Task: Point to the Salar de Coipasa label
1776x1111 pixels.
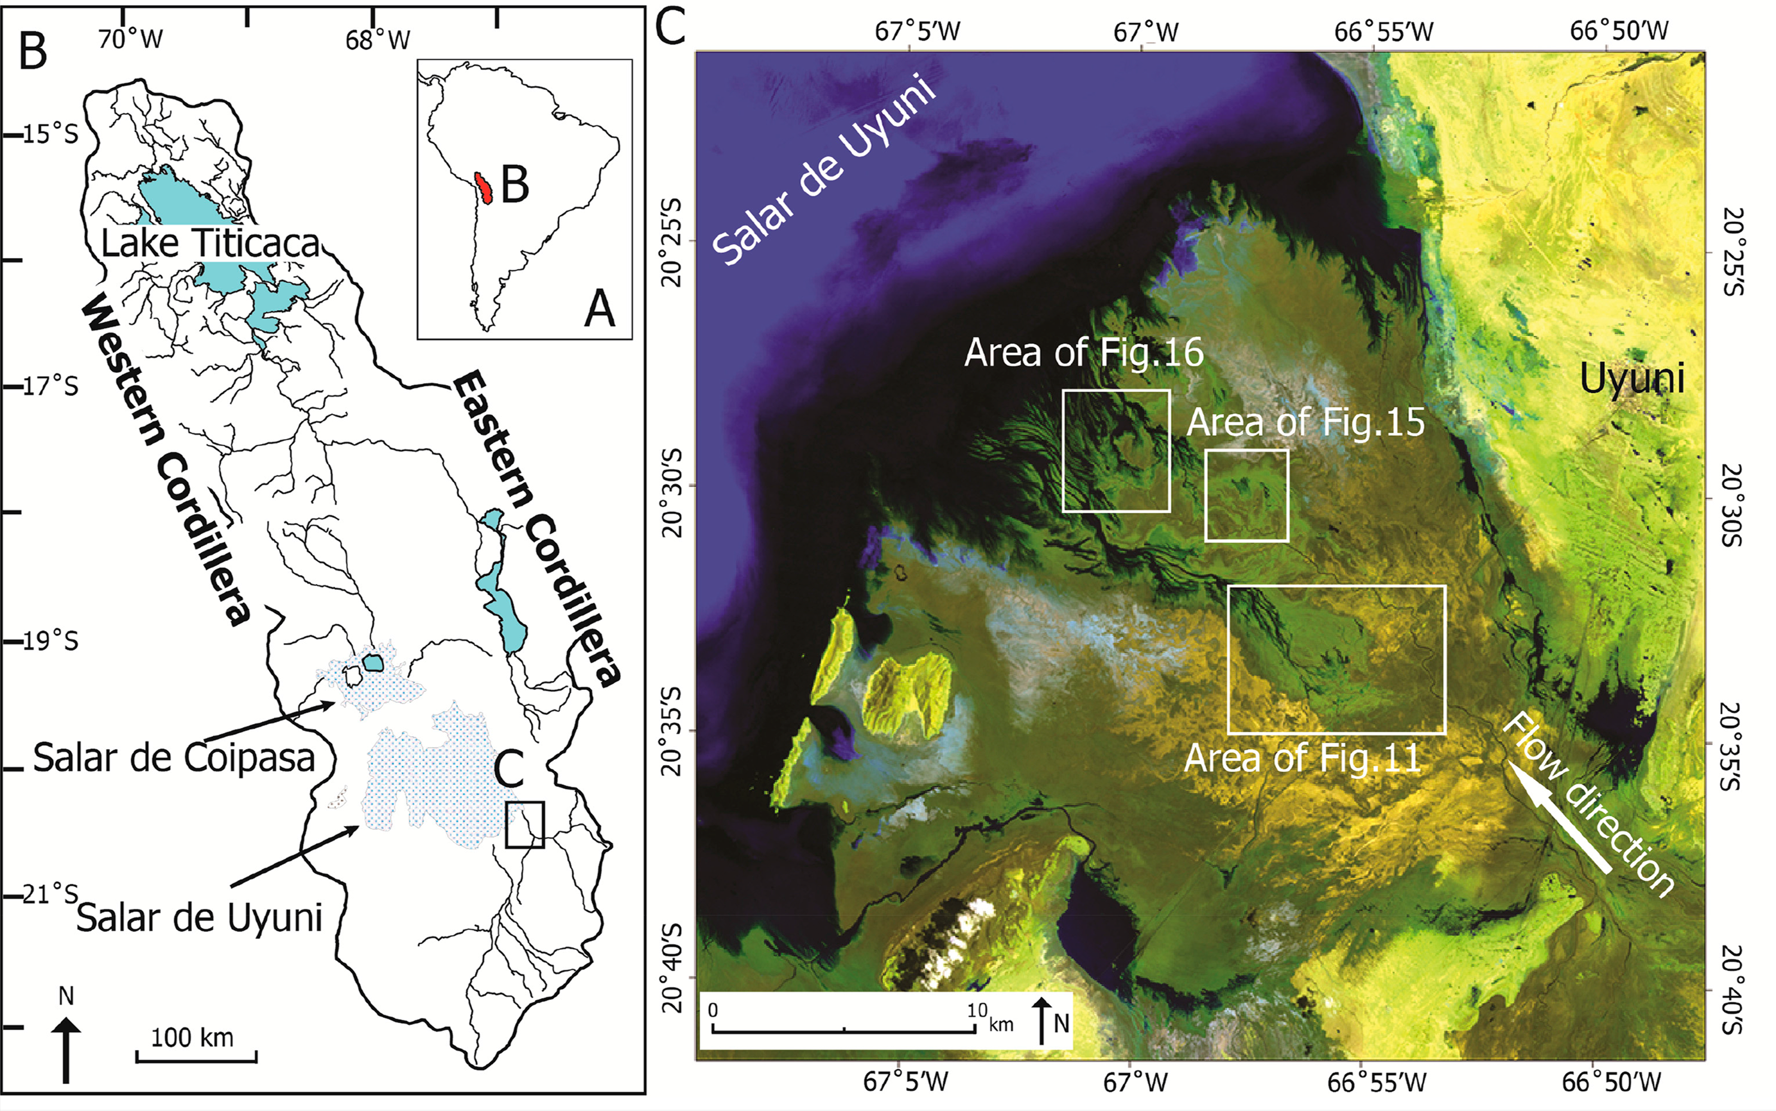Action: [174, 757]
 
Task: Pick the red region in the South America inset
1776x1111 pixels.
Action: [483, 189]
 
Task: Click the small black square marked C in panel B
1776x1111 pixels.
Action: [525, 825]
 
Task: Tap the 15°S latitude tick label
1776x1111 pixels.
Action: [49, 135]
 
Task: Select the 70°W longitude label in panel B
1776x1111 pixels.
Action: [130, 39]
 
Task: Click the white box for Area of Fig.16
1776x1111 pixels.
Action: [1116, 451]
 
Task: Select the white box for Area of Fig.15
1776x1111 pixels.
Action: [1246, 495]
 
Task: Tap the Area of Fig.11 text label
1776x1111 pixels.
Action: [1302, 758]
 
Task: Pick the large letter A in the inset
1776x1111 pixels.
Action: [599, 309]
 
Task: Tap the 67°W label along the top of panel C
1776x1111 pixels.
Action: [1145, 31]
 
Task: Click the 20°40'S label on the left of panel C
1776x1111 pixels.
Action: [674, 978]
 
